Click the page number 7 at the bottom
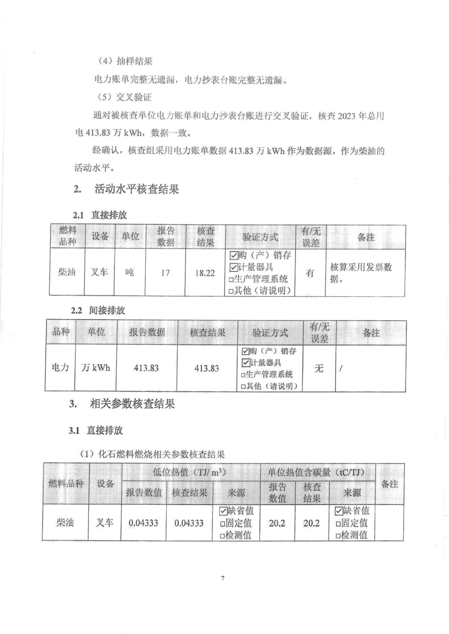pos(223,578)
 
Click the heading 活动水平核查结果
pos(136,189)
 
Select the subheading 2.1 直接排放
pos(100,215)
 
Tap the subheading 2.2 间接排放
pos(98,310)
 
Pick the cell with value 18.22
pos(205,273)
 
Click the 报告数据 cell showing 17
pos(165,273)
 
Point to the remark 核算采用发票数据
pos(361,273)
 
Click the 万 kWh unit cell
pos(96,368)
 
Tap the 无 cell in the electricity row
pos(319,368)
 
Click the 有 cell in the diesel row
pos(310,273)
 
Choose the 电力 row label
pos(60,367)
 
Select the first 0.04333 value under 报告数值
pos(143,523)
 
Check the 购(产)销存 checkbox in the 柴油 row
pos(233,256)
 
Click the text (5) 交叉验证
pos(125,98)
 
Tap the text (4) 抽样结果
pos(125,61)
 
